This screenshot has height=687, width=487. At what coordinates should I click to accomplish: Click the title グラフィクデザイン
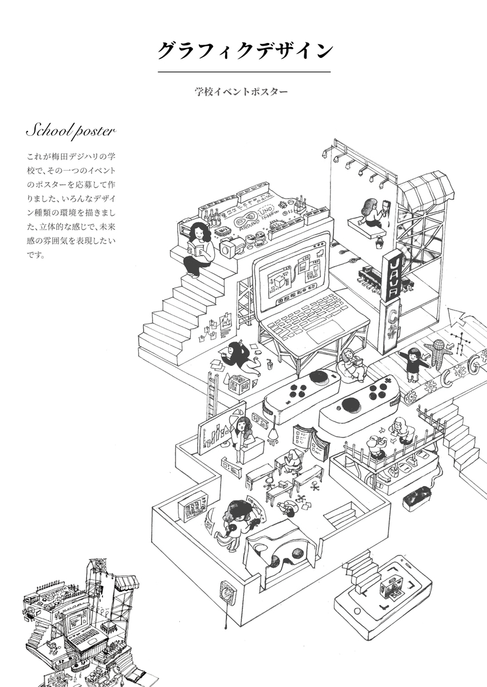point(244,50)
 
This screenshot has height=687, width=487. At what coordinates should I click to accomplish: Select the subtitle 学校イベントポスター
point(241,91)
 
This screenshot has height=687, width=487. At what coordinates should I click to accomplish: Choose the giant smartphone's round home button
point(358,611)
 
